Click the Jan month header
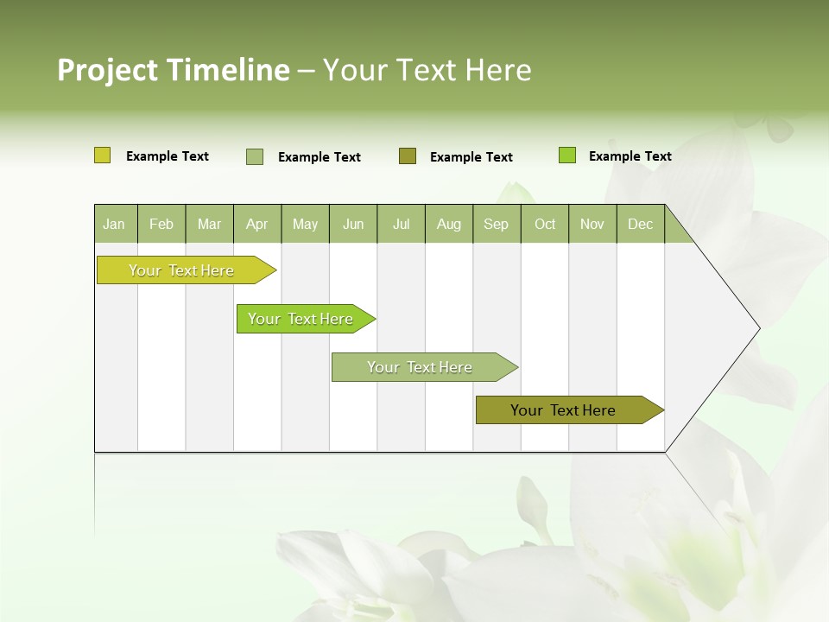click(115, 224)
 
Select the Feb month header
click(161, 224)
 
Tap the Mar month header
click(209, 224)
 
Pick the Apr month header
click(257, 224)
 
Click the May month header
click(305, 224)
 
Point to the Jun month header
click(353, 224)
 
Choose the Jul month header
click(401, 224)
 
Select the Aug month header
click(449, 224)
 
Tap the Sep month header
click(497, 224)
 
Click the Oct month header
click(545, 224)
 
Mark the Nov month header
click(592, 224)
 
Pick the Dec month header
click(641, 224)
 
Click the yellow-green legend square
click(102, 155)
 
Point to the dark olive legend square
click(408, 155)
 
